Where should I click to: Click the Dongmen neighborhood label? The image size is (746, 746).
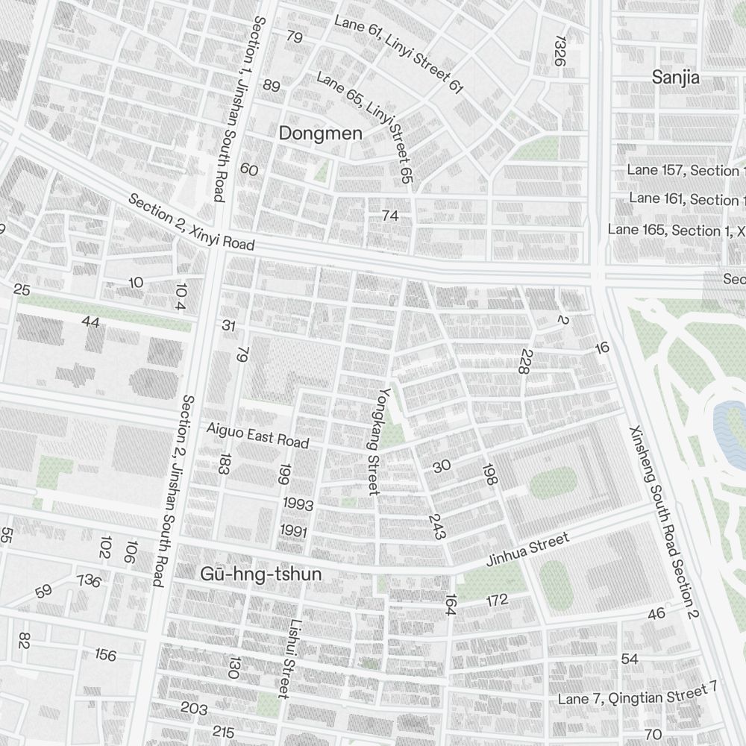pyautogui.click(x=320, y=134)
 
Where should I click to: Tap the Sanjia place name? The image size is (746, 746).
pyautogui.click(x=676, y=77)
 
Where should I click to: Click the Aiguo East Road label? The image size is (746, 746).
pyautogui.click(x=257, y=435)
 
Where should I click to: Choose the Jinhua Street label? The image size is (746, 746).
pyautogui.click(x=527, y=550)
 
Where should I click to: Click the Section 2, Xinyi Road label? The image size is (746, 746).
pyautogui.click(x=191, y=222)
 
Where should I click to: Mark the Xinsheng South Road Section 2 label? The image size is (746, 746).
pyautogui.click(x=663, y=523)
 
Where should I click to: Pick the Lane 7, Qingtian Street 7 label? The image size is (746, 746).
pyautogui.click(x=637, y=694)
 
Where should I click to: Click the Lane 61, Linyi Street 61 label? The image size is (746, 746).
pyautogui.click(x=399, y=54)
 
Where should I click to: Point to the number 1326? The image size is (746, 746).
pyautogui.click(x=560, y=50)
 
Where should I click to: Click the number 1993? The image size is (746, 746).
pyautogui.click(x=298, y=505)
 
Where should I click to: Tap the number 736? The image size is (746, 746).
pyautogui.click(x=89, y=580)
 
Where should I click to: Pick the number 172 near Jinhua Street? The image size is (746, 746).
pyautogui.click(x=497, y=600)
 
